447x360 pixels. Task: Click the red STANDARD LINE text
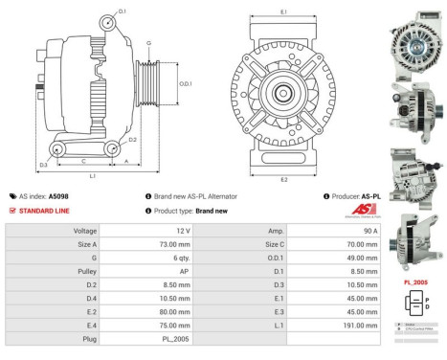[x=47, y=210]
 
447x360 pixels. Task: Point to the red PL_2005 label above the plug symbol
[x=414, y=282]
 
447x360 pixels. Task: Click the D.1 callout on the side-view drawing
[x=123, y=11]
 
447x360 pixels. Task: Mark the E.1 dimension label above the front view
[x=284, y=11]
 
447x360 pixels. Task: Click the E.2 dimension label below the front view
[x=284, y=180]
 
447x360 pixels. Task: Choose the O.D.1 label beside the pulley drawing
[x=186, y=83]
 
